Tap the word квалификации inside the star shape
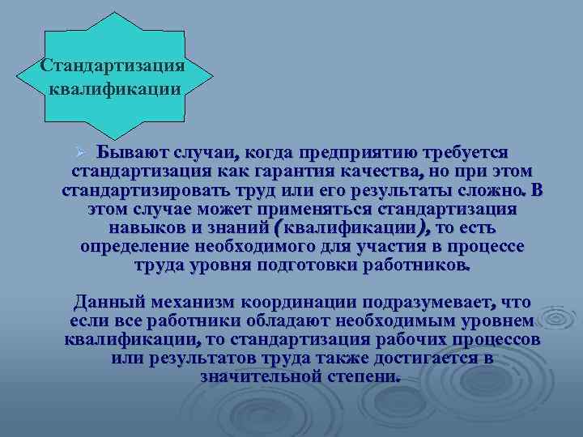coord(114,87)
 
